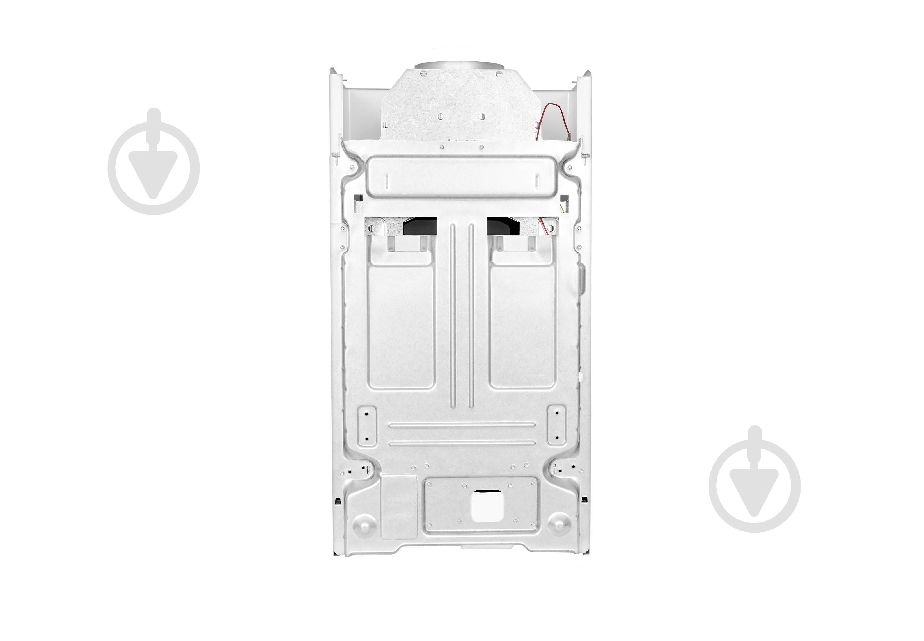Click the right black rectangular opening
coord(503,226)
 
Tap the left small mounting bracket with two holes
coord(366,425)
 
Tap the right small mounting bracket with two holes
coord(556,425)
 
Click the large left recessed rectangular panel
coord(401,325)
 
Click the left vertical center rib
coord(453,313)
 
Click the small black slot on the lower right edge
coord(584,500)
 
